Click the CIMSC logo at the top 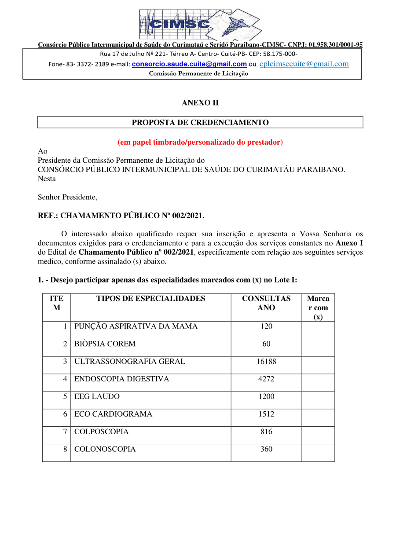(x=200, y=24)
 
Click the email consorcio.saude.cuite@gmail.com (x=189, y=64)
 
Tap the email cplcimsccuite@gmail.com (x=304, y=64)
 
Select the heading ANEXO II (x=200, y=102)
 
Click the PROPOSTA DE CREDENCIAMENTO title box (x=200, y=122)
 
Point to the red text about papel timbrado (x=200, y=142)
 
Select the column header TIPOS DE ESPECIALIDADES (x=151, y=298)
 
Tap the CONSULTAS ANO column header (x=266, y=303)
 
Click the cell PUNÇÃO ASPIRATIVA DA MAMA (x=136, y=326)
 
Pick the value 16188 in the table (x=266, y=362)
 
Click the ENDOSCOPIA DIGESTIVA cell (x=121, y=379)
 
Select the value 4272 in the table (x=266, y=379)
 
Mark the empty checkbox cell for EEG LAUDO (x=318, y=400)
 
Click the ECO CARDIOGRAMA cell (x=113, y=414)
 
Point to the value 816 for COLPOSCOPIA (x=266, y=432)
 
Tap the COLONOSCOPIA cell (x=105, y=450)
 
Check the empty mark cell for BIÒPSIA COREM (x=318, y=347)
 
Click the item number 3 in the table (x=65, y=362)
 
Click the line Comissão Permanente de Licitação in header (x=198, y=73)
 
